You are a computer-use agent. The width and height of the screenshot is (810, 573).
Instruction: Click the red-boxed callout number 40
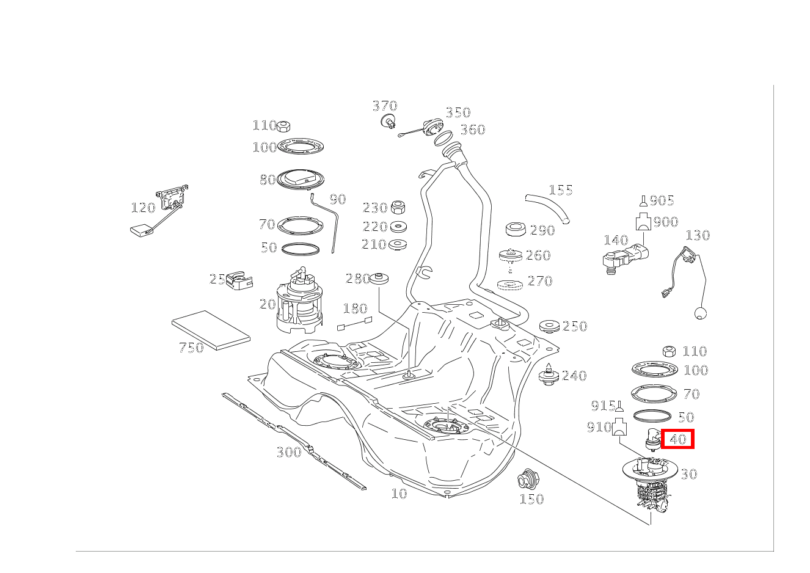click(x=677, y=439)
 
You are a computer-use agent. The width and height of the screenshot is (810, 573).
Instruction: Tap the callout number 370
click(x=385, y=106)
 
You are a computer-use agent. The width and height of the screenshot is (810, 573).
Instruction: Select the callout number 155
click(x=561, y=190)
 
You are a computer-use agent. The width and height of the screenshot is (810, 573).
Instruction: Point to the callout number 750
click(x=192, y=348)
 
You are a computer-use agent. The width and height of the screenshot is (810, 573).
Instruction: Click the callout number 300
click(x=289, y=452)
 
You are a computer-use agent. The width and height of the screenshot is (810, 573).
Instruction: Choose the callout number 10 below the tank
click(x=400, y=494)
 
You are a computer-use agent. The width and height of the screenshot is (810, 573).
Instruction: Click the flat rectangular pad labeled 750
click(x=211, y=330)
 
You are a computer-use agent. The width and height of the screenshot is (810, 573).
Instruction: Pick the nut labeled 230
click(x=398, y=207)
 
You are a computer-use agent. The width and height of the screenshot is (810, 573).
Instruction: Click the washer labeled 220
click(x=398, y=227)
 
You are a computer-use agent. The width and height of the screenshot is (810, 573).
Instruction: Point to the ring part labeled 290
click(x=516, y=230)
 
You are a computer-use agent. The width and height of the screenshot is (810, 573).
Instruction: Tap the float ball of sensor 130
click(x=701, y=313)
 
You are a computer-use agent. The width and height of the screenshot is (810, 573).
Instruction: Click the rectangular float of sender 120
click(x=142, y=230)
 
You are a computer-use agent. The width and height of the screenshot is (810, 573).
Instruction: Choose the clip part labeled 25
click(x=239, y=280)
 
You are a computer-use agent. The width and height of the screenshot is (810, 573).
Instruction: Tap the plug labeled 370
click(x=389, y=121)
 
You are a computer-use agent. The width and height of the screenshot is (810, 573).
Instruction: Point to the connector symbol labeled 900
click(x=643, y=221)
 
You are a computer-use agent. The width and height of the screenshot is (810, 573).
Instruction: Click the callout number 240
click(x=574, y=376)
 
